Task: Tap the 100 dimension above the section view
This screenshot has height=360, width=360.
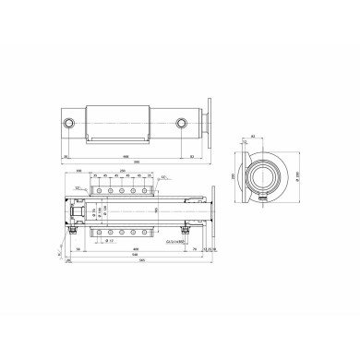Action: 80,172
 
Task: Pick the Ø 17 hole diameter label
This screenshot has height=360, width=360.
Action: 109,242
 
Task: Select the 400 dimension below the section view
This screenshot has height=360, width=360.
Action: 137,250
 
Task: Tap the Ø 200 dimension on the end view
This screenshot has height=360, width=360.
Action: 301,171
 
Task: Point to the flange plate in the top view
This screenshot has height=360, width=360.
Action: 210,123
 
